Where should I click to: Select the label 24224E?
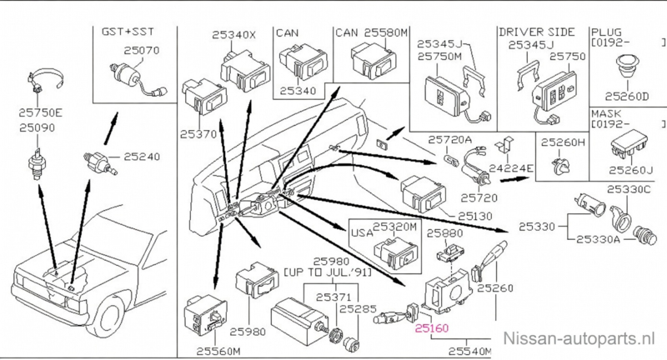tap(511, 167)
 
